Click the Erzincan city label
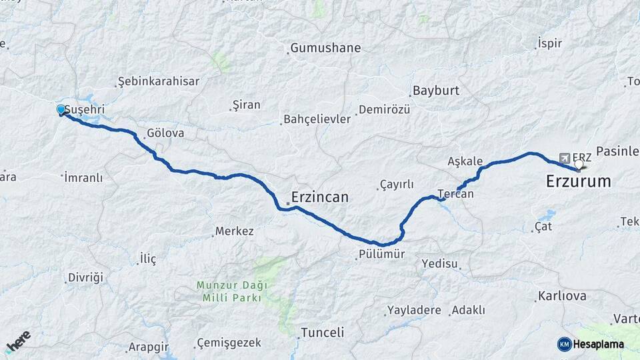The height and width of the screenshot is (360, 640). tap(321, 197)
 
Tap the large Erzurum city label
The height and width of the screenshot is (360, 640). tap(578, 181)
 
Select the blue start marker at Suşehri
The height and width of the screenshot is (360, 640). tap(61, 109)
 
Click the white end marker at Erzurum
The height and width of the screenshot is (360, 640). tap(579, 163)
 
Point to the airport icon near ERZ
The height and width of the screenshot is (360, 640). tap(565, 158)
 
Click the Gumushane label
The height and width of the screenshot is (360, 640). tap(325, 48)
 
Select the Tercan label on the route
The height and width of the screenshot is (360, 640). tap(456, 194)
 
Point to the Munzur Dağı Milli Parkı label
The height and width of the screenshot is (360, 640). tap(231, 291)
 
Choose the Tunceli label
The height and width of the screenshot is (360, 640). tap(322, 332)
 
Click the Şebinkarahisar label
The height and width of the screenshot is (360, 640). tap(158, 81)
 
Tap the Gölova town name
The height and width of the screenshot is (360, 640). tap(165, 133)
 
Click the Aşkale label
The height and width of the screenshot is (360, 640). tap(465, 161)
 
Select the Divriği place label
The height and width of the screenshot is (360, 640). tap(86, 277)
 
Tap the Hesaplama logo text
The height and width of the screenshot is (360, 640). tap(599, 344)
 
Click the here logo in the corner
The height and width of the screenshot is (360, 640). tap(18, 341)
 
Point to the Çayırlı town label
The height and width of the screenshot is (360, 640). tap(397, 185)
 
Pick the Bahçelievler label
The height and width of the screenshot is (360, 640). tap(317, 119)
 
